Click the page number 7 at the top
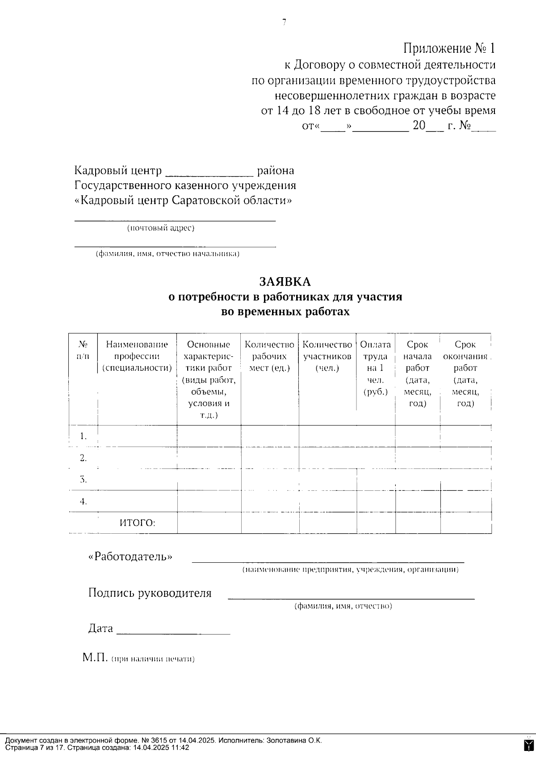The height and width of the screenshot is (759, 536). [284, 22]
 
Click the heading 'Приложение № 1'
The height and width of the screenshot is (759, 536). [449, 48]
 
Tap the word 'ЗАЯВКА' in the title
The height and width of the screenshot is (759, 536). [285, 282]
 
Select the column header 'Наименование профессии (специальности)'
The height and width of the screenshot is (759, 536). [137, 356]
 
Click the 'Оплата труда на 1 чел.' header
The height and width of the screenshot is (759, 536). [376, 368]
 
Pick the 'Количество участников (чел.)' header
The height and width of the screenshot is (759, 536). [327, 356]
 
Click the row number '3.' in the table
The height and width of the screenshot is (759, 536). [83, 480]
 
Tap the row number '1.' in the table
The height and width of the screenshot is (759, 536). [83, 436]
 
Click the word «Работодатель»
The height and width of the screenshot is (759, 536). [130, 557]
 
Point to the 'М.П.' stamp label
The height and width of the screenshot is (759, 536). [95, 658]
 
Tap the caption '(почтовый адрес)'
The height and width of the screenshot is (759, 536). [161, 228]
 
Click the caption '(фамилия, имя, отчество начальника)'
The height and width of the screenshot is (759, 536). [168, 254]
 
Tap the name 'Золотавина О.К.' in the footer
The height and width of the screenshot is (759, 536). [294, 741]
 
